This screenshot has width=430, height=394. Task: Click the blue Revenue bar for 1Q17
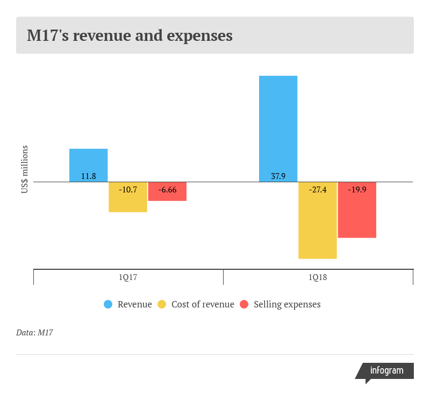(88, 166)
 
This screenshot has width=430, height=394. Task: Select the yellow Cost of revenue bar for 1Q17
(128, 197)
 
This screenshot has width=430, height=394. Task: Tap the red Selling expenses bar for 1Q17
(167, 191)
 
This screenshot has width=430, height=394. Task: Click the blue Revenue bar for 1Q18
(278, 129)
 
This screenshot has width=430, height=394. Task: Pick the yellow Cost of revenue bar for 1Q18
(318, 220)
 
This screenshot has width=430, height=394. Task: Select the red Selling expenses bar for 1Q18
(357, 210)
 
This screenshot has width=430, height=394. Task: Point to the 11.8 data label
(89, 176)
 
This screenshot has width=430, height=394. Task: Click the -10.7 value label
(128, 190)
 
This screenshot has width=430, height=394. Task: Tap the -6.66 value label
(167, 190)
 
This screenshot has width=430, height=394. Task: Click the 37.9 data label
(278, 176)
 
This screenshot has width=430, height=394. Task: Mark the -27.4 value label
(318, 190)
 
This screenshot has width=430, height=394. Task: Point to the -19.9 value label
(357, 190)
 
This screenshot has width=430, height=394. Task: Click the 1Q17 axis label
(128, 277)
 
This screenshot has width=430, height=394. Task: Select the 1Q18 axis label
(318, 277)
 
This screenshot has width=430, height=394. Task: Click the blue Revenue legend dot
(108, 304)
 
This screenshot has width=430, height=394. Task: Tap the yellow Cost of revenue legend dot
(162, 304)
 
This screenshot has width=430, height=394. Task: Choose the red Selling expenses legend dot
(244, 304)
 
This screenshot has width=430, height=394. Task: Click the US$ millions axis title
(25, 169)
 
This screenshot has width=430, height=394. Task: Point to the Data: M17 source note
(34, 333)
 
